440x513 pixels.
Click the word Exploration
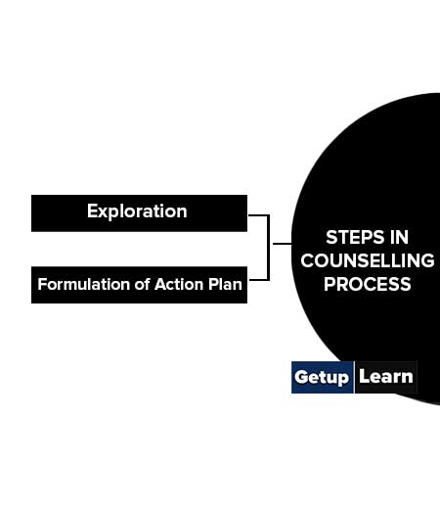click(x=137, y=211)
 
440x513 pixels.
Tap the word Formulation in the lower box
click(x=84, y=284)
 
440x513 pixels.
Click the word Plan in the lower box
click(x=226, y=284)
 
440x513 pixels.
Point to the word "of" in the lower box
click(x=143, y=284)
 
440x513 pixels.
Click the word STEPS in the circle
click(x=355, y=237)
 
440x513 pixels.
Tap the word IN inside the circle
click(x=399, y=237)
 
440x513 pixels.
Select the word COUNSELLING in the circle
click(x=368, y=260)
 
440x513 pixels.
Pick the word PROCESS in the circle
click(x=368, y=284)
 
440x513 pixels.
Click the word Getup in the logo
click(x=322, y=378)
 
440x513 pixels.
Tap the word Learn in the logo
click(x=386, y=377)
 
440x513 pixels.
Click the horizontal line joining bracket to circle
click(x=282, y=244)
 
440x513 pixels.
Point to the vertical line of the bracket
click(x=269, y=248)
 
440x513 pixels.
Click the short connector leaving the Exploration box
click(x=258, y=215)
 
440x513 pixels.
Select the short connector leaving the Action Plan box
click(x=259, y=280)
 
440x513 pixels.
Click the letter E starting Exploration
click(x=92, y=211)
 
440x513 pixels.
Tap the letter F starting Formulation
click(x=42, y=284)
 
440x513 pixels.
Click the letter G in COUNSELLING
click(x=427, y=260)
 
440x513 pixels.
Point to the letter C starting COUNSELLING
click(x=307, y=260)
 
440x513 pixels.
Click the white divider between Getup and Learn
click(x=354, y=377)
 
